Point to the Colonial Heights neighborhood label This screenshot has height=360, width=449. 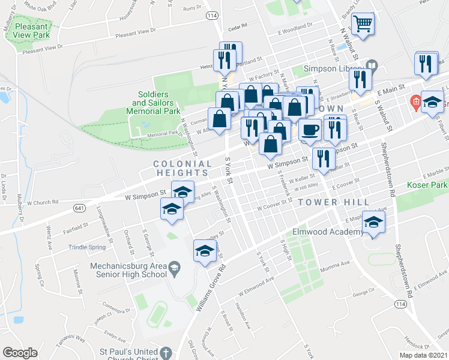point(182,168)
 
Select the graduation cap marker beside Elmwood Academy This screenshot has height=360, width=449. point(373,224)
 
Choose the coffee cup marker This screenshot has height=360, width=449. point(310,130)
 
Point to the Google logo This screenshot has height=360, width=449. point(20,353)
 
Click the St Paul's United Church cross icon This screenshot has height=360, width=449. point(165,353)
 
